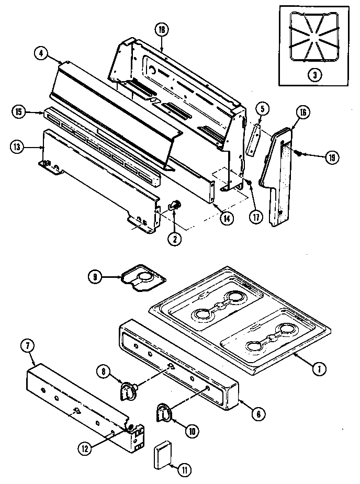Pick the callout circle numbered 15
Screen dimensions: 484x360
point(19,111)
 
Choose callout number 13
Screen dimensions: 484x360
point(18,148)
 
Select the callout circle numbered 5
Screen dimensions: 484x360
point(263,109)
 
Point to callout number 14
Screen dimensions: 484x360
point(226,218)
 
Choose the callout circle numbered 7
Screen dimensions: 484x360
point(27,346)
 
